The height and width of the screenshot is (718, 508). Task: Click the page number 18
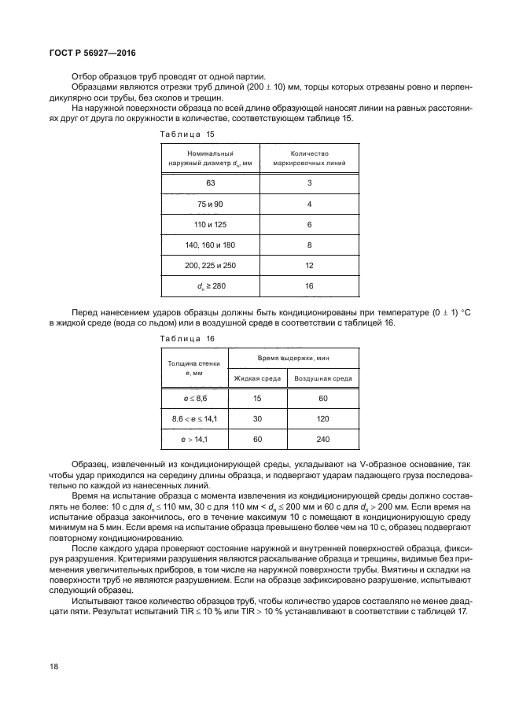pyautogui.click(x=53, y=666)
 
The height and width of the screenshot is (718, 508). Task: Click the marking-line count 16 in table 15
pyautogui.click(x=309, y=286)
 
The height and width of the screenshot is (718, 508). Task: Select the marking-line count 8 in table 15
pyautogui.click(x=309, y=245)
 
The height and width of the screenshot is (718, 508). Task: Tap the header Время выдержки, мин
pyautogui.click(x=293, y=358)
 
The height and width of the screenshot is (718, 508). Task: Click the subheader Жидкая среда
pyautogui.click(x=257, y=379)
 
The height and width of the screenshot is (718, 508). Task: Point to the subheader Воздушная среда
pyautogui.click(x=323, y=379)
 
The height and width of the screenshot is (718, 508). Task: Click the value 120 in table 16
pyautogui.click(x=323, y=420)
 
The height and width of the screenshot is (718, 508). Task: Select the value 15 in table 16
pyautogui.click(x=257, y=400)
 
